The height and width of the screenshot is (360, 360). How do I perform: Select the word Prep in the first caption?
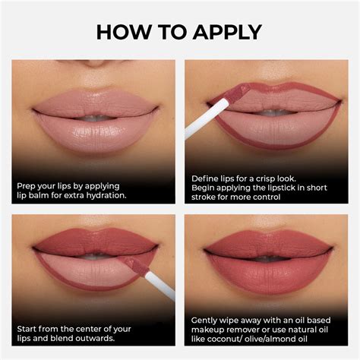click(27, 185)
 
